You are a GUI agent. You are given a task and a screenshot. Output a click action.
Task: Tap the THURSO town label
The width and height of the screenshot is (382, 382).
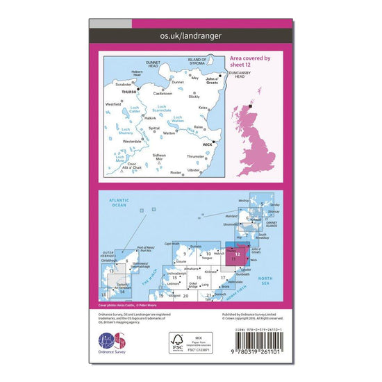pyautogui.click(x=129, y=90)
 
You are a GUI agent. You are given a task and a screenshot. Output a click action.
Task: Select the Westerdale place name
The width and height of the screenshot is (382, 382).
pyautogui.click(x=131, y=141)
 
